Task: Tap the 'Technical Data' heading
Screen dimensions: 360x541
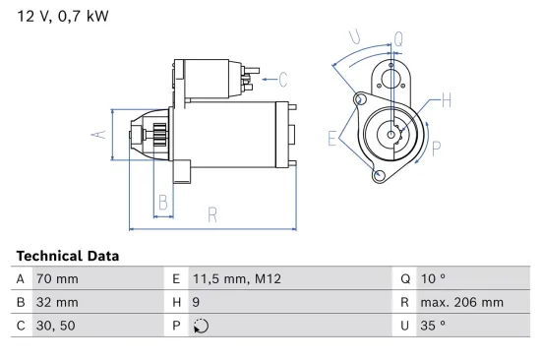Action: pos(68,256)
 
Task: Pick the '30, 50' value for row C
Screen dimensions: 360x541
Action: pos(54,326)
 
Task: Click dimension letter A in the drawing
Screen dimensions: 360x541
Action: pos(97,133)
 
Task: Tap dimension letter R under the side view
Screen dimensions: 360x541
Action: pos(210,216)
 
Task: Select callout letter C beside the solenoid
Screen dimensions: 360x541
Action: pos(282,79)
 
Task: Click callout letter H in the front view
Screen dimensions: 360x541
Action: pos(446,99)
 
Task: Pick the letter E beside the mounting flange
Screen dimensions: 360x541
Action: pos(333,139)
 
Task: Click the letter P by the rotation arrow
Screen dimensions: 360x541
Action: pos(436,149)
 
